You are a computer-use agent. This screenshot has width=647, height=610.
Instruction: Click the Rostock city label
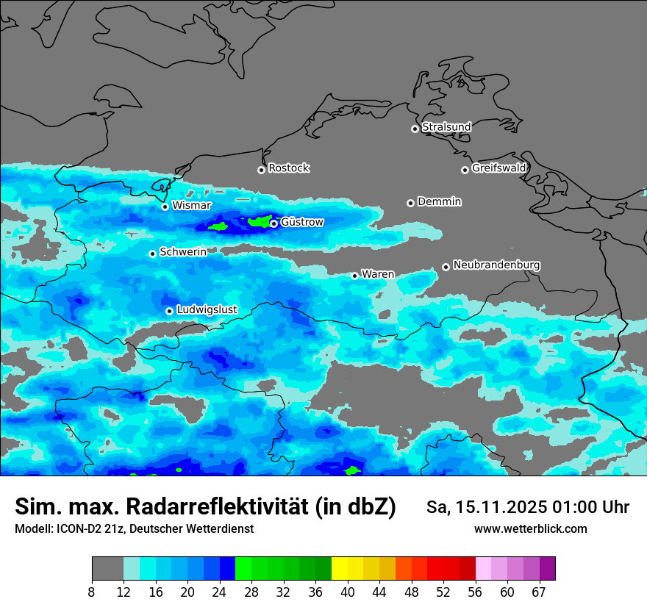click(x=288, y=168)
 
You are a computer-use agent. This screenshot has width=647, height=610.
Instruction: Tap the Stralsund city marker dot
click(x=415, y=129)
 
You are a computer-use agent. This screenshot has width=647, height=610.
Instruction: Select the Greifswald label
click(x=498, y=168)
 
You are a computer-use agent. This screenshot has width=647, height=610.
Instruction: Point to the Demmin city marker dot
click(x=410, y=203)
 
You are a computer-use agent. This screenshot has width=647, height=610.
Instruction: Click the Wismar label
click(x=191, y=205)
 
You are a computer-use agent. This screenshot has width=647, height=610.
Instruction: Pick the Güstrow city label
click(x=302, y=222)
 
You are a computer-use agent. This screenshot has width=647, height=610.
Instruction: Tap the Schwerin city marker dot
click(x=152, y=254)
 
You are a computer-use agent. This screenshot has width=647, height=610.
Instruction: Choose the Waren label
click(x=378, y=274)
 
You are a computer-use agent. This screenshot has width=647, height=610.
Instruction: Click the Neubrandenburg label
click(x=496, y=265)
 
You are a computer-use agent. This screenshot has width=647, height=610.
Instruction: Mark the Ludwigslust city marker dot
click(x=169, y=311)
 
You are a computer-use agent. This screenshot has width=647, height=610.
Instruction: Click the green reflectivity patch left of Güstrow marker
click(x=260, y=220)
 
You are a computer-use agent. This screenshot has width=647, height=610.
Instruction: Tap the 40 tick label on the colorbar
click(x=348, y=592)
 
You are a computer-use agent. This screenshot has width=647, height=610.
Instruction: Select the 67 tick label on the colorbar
click(x=539, y=592)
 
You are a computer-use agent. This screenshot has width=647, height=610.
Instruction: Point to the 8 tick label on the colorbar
click(x=92, y=592)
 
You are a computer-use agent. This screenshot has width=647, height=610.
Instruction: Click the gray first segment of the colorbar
click(x=107, y=569)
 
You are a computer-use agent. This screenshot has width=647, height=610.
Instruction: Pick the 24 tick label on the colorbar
click(x=219, y=592)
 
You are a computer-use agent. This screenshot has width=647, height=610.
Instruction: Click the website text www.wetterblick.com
click(x=530, y=529)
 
